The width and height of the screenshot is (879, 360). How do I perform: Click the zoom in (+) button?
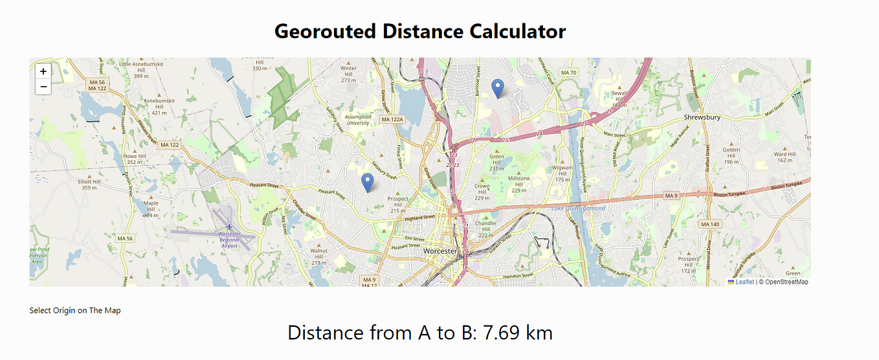(x=43, y=72)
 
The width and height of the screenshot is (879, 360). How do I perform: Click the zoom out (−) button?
(x=43, y=87)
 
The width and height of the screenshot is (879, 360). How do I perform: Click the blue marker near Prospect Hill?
(x=368, y=183)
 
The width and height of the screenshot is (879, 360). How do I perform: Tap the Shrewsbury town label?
(x=702, y=117)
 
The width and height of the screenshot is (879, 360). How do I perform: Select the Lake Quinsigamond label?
(x=579, y=208)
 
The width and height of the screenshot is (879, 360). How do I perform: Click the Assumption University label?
(x=358, y=120)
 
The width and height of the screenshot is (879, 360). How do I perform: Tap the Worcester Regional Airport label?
(x=229, y=240)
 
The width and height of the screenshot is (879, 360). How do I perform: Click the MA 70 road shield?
(x=569, y=73)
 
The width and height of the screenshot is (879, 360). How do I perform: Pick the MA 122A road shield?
(x=392, y=119)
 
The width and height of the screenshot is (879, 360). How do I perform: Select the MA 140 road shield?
(x=710, y=224)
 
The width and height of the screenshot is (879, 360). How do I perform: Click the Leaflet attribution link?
(x=744, y=282)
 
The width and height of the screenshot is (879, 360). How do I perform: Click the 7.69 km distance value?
(x=511, y=333)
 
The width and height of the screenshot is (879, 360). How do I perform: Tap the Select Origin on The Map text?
(x=75, y=311)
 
